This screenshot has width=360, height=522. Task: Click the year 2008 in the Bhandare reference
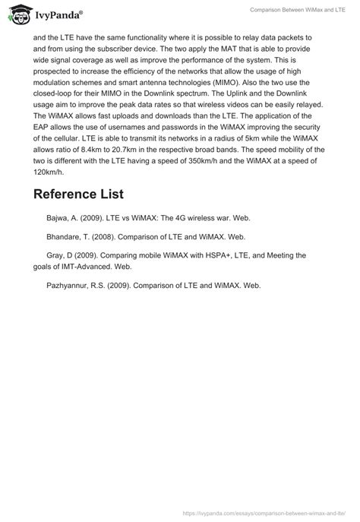point(113,236)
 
